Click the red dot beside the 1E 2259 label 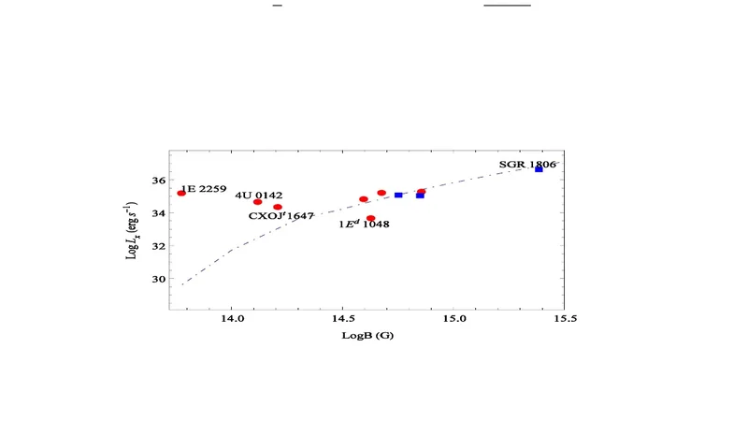click(x=182, y=193)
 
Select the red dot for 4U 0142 click(x=258, y=202)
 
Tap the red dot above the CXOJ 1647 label click(x=278, y=207)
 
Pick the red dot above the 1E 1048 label click(x=371, y=218)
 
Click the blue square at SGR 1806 click(x=539, y=168)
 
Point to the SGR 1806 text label click(x=527, y=165)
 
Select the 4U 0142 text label click(x=258, y=195)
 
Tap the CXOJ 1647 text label click(x=280, y=216)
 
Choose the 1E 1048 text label click(x=364, y=225)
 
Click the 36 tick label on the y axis click(x=158, y=180)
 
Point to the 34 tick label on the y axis click(x=158, y=212)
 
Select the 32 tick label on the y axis click(x=158, y=246)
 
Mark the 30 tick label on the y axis click(x=158, y=279)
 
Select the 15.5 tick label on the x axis click(x=564, y=319)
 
